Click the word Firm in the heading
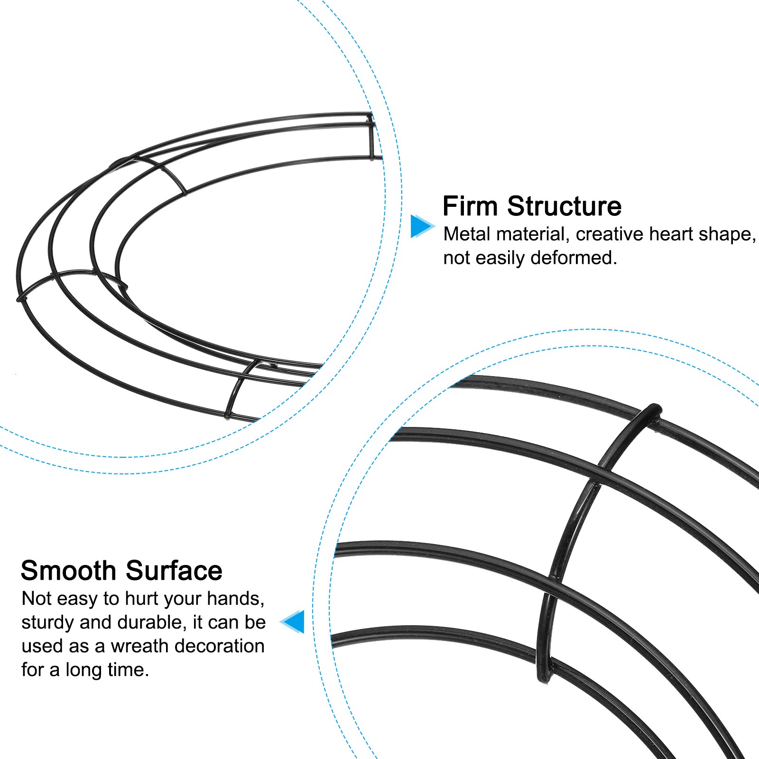pyautogui.click(x=470, y=206)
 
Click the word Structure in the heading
pyautogui.click(x=564, y=206)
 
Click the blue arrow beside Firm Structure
pyautogui.click(x=421, y=226)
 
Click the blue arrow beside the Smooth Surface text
pyautogui.click(x=294, y=621)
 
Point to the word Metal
pyautogui.click(x=467, y=234)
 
